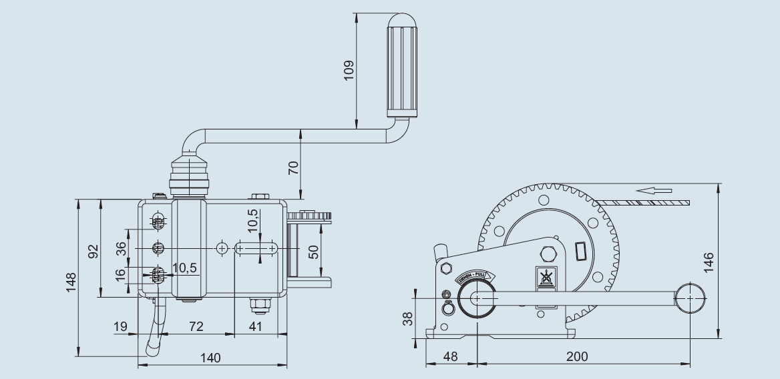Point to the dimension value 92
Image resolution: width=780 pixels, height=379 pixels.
(x=93, y=251)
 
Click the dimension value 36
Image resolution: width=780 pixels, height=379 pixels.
(x=121, y=248)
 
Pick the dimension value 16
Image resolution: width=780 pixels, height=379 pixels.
(x=121, y=276)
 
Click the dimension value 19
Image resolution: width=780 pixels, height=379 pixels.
(x=120, y=327)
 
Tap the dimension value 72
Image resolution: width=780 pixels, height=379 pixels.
(x=195, y=327)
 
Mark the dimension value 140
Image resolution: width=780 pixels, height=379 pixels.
(x=210, y=358)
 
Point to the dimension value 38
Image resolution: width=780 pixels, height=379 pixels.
(x=408, y=319)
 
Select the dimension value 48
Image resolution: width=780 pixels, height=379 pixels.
(x=451, y=357)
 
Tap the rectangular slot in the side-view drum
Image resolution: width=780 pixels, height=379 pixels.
(x=580, y=252)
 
